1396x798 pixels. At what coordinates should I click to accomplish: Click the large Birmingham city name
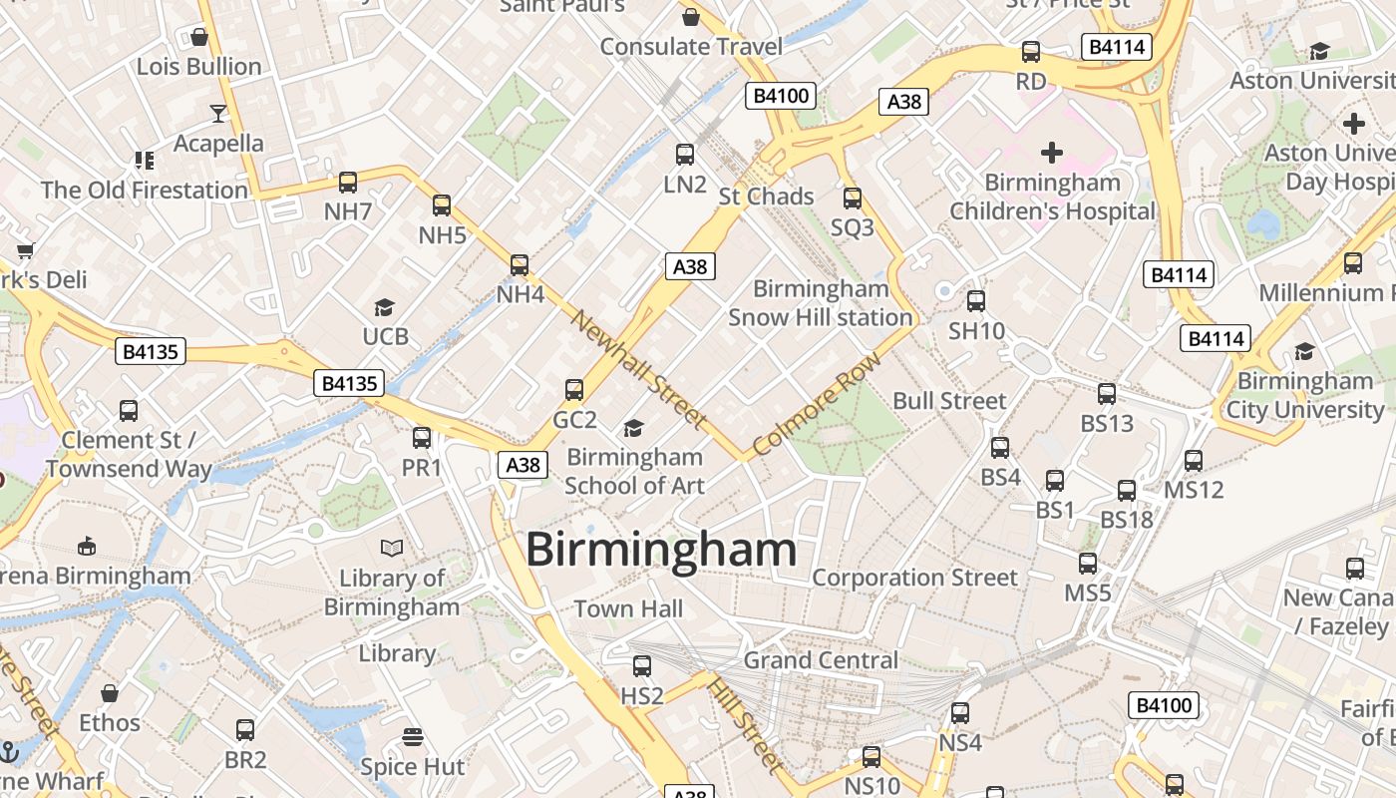[661, 550]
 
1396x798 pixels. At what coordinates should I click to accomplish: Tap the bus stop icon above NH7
[348, 183]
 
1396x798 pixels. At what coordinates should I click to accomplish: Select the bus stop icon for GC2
[574, 390]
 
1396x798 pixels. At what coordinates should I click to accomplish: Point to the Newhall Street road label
[639, 370]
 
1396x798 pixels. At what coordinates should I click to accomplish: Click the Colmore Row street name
[818, 403]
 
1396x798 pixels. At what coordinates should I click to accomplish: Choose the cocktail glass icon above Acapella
[218, 114]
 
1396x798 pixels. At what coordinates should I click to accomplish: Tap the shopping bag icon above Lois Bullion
[199, 38]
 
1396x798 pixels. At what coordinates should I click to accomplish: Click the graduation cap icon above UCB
[384, 307]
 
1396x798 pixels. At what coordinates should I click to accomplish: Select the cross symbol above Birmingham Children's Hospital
[1052, 153]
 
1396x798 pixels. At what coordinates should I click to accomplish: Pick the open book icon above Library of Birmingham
[392, 548]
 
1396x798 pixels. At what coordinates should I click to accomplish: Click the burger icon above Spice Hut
[413, 737]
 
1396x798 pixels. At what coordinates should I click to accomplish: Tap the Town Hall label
[628, 608]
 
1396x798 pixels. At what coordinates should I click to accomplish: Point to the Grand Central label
[821, 660]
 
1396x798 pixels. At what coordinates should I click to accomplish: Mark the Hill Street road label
[744, 724]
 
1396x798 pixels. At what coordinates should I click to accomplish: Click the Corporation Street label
[914, 578]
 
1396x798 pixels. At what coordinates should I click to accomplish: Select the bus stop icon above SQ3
[853, 199]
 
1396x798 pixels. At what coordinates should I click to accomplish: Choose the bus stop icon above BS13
[1107, 394]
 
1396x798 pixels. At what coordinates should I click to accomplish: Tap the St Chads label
[766, 197]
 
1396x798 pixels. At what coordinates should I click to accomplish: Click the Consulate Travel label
[691, 46]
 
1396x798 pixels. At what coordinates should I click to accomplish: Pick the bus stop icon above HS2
[642, 666]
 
